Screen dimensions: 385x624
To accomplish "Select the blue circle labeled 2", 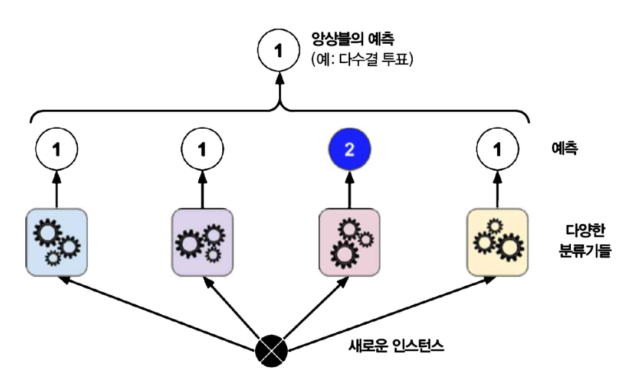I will (x=348, y=149).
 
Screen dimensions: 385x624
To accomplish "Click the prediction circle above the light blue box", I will (x=57, y=149).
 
